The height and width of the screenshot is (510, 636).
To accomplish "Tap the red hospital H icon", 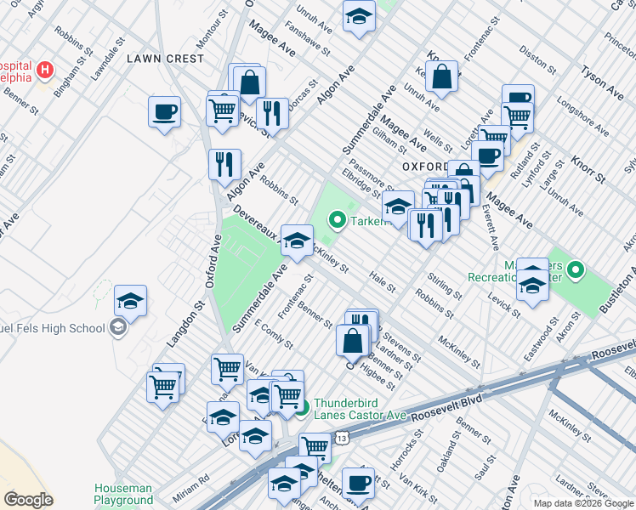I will [46, 68].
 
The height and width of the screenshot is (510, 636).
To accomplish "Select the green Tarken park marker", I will [337, 222].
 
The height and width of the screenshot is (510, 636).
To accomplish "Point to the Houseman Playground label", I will [123, 495].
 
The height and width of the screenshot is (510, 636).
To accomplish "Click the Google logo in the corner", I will [28, 500].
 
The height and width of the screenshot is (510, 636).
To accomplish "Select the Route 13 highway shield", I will [341, 437].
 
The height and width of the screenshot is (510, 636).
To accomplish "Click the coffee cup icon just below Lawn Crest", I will [164, 111].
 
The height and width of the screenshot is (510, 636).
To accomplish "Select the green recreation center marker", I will [576, 271].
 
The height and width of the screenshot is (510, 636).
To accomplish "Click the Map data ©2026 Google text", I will [582, 503].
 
